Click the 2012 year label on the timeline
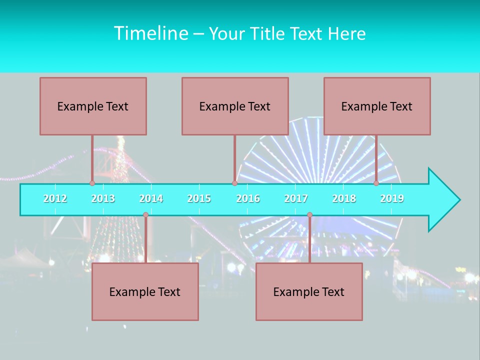55,198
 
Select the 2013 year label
103,198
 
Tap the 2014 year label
151,198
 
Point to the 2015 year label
199,198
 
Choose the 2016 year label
248,198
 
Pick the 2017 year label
296,198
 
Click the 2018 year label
344,198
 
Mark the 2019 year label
392,198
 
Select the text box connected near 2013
93,106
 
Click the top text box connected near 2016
235,106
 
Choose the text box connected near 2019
377,106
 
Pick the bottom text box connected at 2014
145,291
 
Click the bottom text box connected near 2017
309,291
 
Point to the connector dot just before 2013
92,183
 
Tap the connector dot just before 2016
234,183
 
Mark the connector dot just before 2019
376,183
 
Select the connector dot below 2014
145,215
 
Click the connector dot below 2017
309,215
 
